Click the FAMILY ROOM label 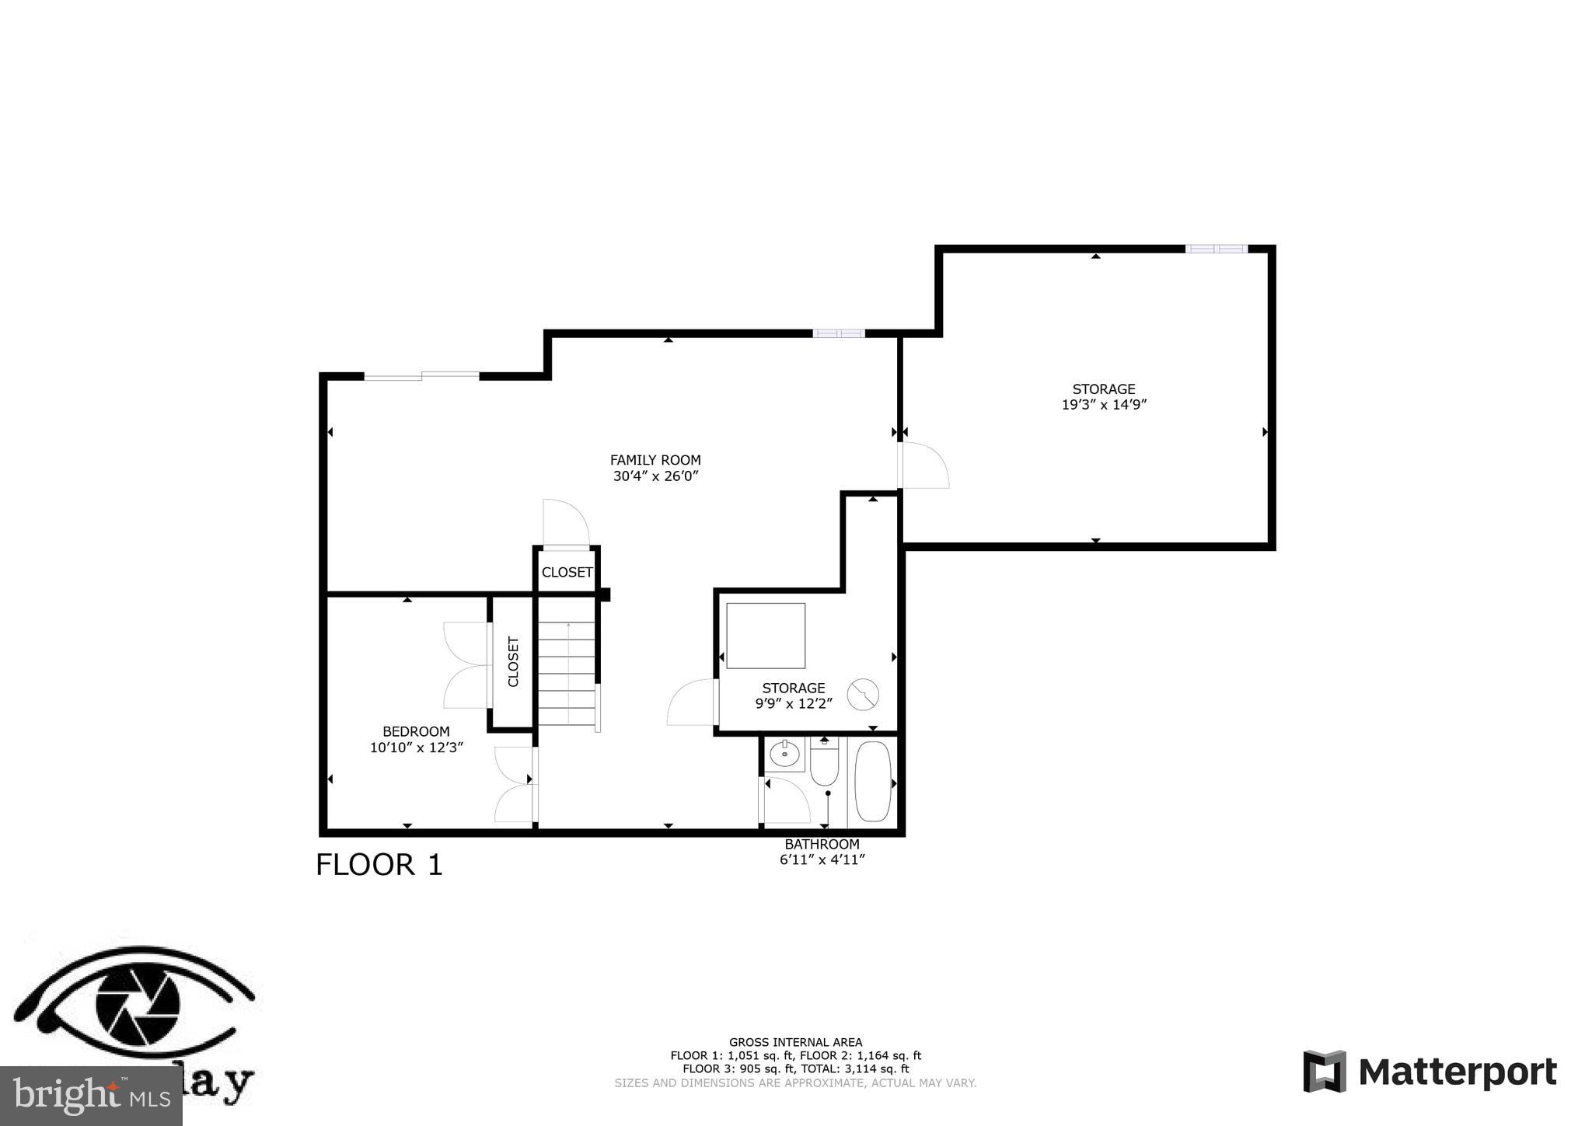[655, 460]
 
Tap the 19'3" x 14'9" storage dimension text [1104, 405]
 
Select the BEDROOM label [416, 731]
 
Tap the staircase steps [567, 673]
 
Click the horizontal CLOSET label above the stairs [567, 572]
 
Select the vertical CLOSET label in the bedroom [513, 661]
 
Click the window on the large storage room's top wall [1216, 249]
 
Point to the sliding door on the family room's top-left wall [421, 376]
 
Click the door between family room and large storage [923, 465]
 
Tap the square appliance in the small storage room [766, 635]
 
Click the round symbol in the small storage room [863, 694]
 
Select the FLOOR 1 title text [379, 865]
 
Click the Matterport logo [1430, 1072]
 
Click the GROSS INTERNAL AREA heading [795, 1042]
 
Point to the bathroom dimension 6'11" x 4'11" [822, 859]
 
